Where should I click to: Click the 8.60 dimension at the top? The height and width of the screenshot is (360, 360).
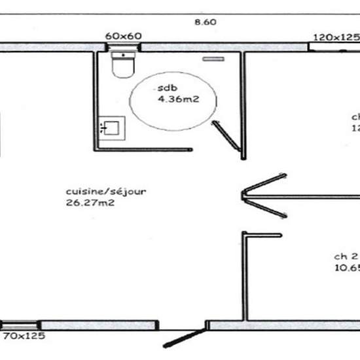[x=206, y=22]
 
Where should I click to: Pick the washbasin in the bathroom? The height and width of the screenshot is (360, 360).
[x=111, y=127]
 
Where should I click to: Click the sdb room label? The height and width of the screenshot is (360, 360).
[x=163, y=88]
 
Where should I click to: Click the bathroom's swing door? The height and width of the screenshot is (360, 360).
[x=226, y=137]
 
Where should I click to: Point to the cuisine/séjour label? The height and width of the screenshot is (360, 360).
[x=105, y=191]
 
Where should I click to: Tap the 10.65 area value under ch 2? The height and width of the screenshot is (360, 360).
[x=347, y=267]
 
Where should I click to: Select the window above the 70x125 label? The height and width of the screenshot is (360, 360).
[x=21, y=325]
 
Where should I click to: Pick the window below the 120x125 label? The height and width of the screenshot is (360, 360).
[x=334, y=46]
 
